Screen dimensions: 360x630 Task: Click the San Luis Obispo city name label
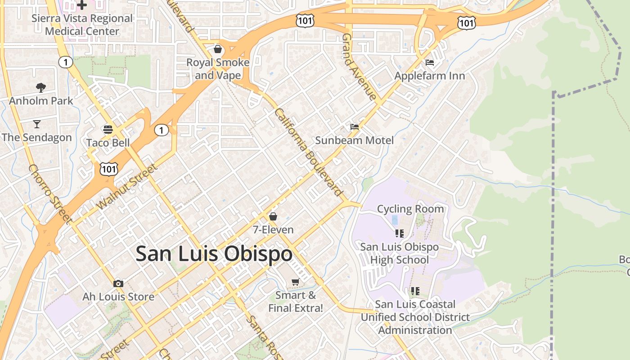pyautogui.click(x=214, y=254)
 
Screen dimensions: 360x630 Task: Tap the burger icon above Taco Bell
pyautogui.click(x=108, y=130)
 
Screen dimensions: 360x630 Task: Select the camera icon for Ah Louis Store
pyautogui.click(x=118, y=283)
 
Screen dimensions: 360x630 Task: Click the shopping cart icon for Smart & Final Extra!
pyautogui.click(x=296, y=282)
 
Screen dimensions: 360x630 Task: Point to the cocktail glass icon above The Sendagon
pyautogui.click(x=36, y=124)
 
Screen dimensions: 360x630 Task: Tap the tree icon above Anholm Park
pyautogui.click(x=41, y=87)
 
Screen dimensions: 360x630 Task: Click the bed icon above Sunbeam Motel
pyautogui.click(x=355, y=127)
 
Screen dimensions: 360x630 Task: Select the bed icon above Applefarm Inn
pyautogui.click(x=430, y=62)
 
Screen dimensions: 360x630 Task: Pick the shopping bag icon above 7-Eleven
pyautogui.click(x=273, y=216)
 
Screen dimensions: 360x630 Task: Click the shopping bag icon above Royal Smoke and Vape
pyautogui.click(x=218, y=49)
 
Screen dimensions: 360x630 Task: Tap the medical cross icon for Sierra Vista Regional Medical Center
pyautogui.click(x=82, y=5)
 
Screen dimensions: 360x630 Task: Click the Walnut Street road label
pyautogui.click(x=127, y=187)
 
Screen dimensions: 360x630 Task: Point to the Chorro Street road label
pyautogui.click(x=50, y=194)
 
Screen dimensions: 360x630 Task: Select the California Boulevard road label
pyautogui.click(x=309, y=152)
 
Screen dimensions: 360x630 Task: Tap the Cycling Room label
pyautogui.click(x=410, y=209)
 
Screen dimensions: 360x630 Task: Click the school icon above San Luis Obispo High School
pyautogui.click(x=399, y=233)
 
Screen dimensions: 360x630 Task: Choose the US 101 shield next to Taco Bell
pyautogui.click(x=109, y=169)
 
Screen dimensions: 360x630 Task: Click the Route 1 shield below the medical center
pyautogui.click(x=66, y=62)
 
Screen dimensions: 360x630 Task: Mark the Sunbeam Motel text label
pyautogui.click(x=354, y=140)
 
